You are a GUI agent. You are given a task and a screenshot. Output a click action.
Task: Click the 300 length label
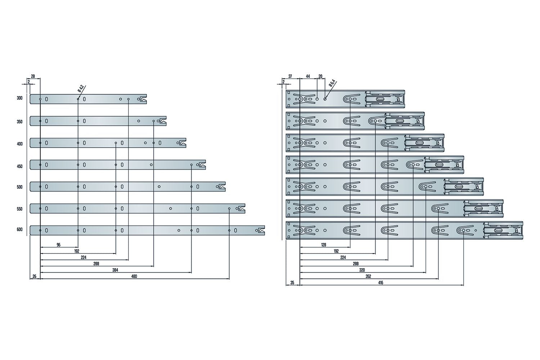[19, 98]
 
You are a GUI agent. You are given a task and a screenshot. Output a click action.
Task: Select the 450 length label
[19, 166]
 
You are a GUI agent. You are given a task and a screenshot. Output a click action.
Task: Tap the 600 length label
[19, 229]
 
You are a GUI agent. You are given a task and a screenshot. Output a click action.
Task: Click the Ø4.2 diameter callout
[81, 89]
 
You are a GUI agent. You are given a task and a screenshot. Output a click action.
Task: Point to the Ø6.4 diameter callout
[332, 84]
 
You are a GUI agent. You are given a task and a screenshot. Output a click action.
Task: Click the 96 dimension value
[59, 245]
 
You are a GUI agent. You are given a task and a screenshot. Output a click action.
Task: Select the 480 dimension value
[134, 276]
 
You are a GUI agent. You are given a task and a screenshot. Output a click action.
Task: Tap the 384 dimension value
[115, 270]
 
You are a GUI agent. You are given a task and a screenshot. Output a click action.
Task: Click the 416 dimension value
[381, 283]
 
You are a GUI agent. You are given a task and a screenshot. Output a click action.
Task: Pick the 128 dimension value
[324, 245]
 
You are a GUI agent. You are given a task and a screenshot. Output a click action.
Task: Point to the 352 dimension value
[368, 276]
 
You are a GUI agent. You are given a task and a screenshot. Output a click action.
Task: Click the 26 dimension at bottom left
[35, 276]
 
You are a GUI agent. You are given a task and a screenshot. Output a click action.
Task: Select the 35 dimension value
[292, 283]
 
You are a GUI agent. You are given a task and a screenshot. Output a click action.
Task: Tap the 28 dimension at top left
[33, 76]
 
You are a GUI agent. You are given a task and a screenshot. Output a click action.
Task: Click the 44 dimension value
[308, 76]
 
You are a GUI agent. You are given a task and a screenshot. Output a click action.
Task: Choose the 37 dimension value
[290, 76]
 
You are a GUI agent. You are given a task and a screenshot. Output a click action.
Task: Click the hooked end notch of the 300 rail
[143, 99]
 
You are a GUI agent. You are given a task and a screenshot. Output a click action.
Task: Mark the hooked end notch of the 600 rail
[262, 230]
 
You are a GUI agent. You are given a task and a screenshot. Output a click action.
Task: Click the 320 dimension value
[362, 270]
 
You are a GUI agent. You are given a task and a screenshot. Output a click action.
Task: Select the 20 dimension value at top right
[320, 76]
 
